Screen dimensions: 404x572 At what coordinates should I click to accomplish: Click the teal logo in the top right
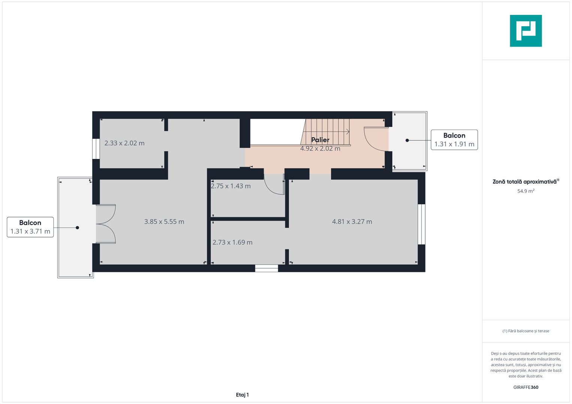point(526,31)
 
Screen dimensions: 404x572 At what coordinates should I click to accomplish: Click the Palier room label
point(320,140)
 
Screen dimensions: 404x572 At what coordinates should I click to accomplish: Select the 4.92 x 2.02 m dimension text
point(320,149)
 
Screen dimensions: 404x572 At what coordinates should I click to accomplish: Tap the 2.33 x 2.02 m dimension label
point(124,143)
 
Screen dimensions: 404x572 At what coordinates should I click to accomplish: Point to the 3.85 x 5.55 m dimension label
point(164,222)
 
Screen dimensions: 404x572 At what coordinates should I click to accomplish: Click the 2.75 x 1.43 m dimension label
point(231,186)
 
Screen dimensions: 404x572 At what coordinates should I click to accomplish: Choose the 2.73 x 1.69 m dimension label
point(232,242)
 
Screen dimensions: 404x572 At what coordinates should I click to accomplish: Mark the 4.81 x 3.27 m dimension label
point(352,222)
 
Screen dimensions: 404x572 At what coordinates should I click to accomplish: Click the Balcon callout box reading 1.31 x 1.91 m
point(454,140)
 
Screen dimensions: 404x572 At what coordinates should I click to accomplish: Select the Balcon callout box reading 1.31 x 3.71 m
point(30,227)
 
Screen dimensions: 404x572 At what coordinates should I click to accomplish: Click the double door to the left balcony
point(106,224)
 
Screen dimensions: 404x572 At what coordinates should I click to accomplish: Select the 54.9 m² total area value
point(526,191)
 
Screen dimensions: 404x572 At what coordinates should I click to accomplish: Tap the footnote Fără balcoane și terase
point(526,331)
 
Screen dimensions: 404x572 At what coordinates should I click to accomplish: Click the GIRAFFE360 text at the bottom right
point(526,388)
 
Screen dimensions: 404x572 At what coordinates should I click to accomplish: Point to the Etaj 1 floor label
point(242,395)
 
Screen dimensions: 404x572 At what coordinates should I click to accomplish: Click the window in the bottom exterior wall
point(266,268)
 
